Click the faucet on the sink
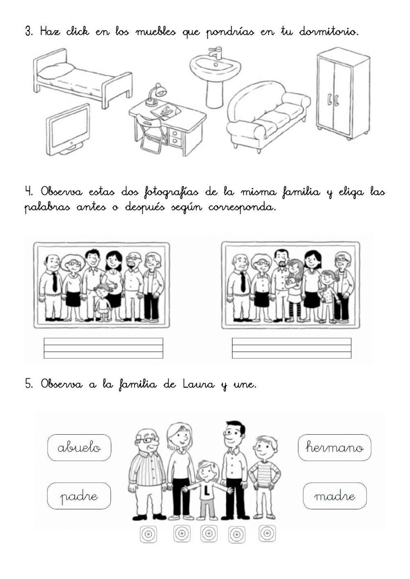click(214, 52)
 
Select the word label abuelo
click(79, 447)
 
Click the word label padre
click(79, 496)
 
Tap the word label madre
click(334, 496)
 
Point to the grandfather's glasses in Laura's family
click(148, 440)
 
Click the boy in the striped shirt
click(263, 475)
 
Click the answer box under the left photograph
click(103, 348)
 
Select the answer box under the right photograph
click(292, 348)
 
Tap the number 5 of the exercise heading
click(28, 385)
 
